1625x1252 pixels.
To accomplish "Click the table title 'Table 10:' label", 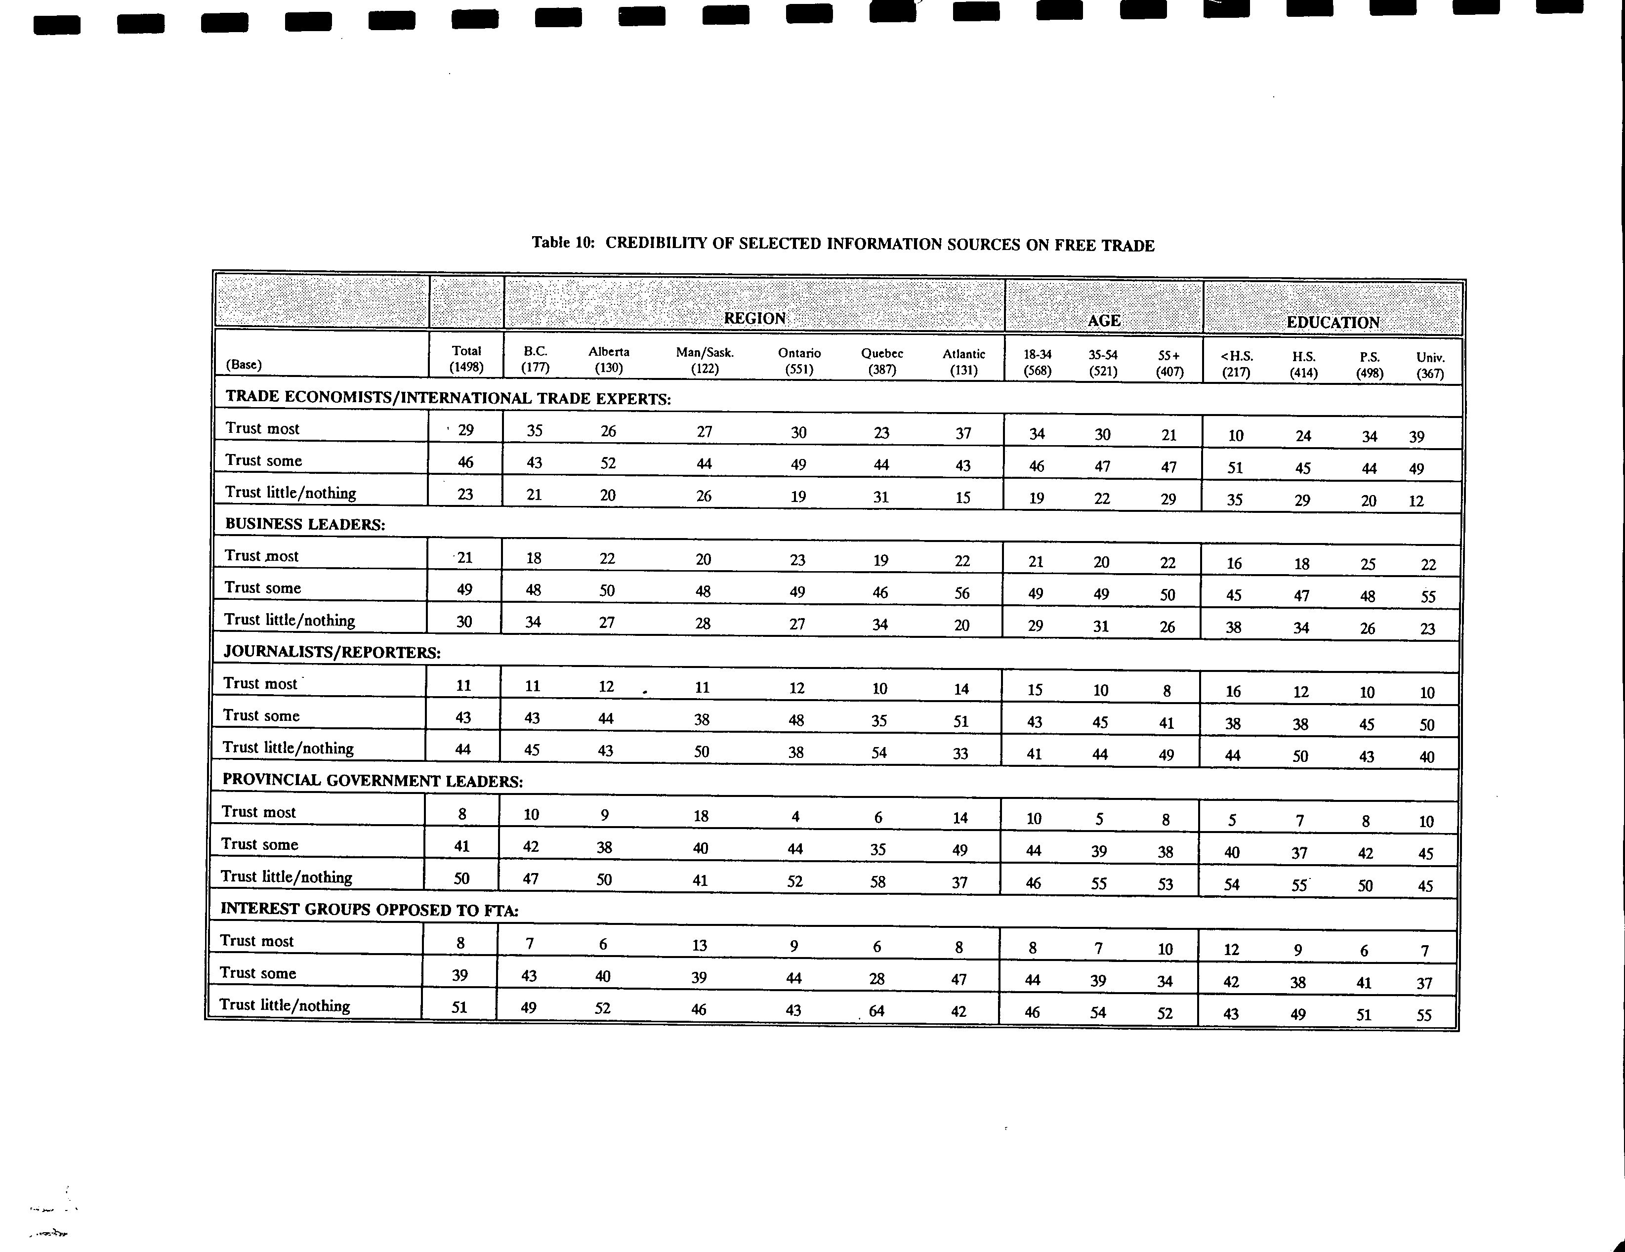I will pos(562,243).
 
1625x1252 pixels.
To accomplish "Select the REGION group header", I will pos(754,318).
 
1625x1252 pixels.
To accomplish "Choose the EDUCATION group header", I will pos(1333,323).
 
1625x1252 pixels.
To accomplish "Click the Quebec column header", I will pos(882,354).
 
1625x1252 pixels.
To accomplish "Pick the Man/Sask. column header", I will pos(705,353).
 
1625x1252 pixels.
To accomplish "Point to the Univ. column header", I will pos(1430,358).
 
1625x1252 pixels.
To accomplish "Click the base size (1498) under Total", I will pos(466,367).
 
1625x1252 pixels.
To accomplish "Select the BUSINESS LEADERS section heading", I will pos(305,524).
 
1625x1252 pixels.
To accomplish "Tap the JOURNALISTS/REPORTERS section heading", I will pos(332,652).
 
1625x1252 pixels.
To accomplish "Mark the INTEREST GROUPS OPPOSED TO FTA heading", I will pos(369,909).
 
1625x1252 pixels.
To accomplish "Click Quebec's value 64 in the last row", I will pos(876,1010).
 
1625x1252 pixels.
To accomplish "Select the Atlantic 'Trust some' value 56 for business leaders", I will pos(962,593).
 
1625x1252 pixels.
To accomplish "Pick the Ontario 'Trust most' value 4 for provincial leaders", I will pos(795,817).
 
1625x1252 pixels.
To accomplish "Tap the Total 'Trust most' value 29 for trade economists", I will pos(466,430).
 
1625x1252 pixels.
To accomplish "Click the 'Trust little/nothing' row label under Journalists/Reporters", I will pos(288,748).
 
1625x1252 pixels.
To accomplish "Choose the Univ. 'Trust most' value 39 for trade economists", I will pos(1417,437).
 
